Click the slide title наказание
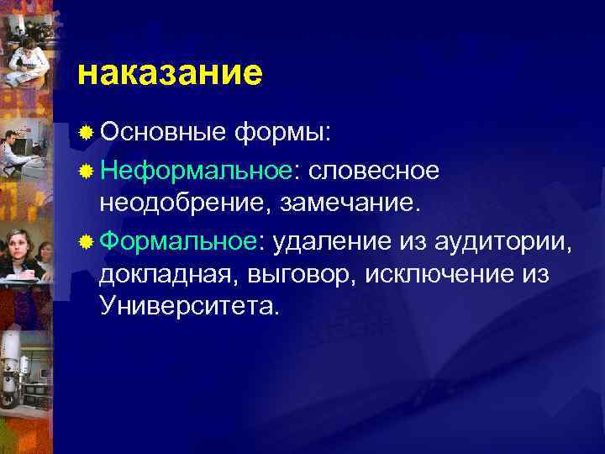coord(169,73)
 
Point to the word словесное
coord(374,171)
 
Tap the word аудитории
coord(504,242)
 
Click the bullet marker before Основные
coord(86,133)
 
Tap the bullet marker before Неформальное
coord(86,172)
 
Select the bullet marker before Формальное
coord(86,243)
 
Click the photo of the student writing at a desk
coord(25,59)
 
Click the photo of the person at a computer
coord(21,151)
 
